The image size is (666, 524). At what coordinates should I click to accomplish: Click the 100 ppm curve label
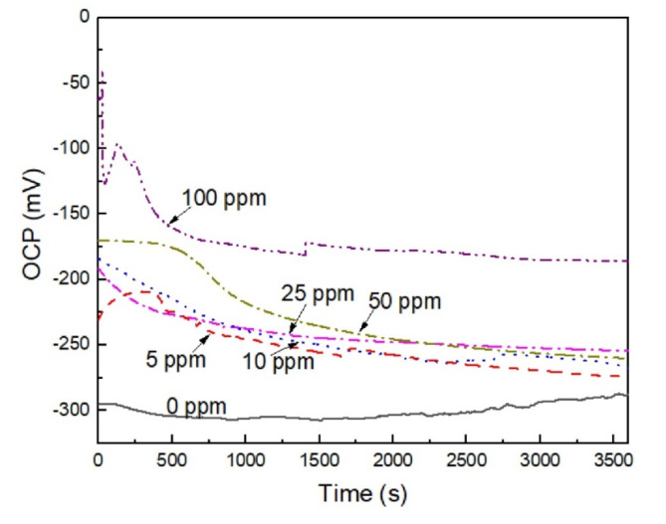tap(225, 198)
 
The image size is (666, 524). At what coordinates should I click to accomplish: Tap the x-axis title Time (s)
tap(362, 492)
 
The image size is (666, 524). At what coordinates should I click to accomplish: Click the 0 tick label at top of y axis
tap(84, 18)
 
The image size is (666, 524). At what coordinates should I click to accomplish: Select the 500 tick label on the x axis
tap(171, 461)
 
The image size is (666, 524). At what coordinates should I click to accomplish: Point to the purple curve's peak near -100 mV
tap(118, 144)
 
